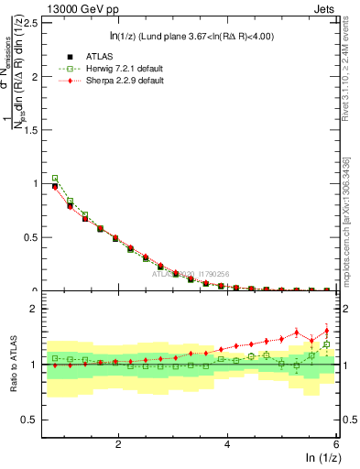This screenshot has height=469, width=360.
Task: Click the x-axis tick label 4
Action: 227,443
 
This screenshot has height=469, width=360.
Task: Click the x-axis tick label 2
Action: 118,443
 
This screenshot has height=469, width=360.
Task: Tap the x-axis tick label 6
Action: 335,443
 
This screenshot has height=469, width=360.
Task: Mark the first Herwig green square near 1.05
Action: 55,179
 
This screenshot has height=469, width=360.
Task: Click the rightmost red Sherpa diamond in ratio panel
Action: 327,332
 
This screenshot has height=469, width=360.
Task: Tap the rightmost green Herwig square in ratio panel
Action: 327,345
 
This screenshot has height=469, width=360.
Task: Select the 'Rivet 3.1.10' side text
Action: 345,73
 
